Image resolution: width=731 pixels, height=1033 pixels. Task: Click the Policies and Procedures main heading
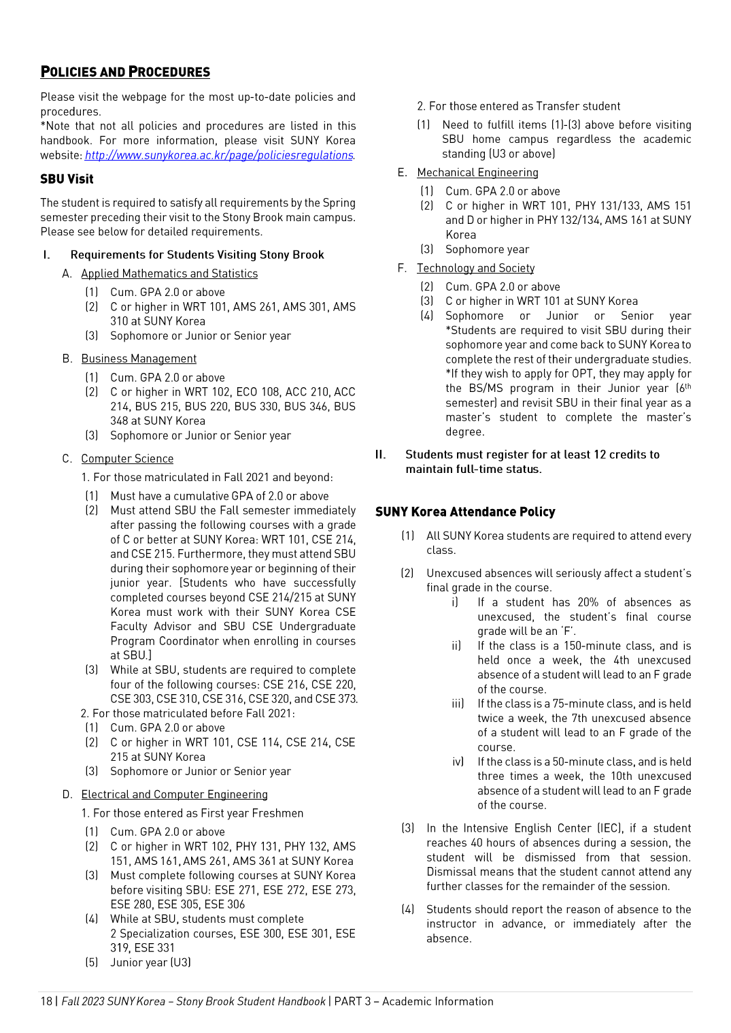point(125,72)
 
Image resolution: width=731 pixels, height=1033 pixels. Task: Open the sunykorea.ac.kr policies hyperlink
point(218,155)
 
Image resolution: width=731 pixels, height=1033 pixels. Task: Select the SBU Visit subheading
point(67,179)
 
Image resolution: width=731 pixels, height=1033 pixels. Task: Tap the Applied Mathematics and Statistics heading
point(169,274)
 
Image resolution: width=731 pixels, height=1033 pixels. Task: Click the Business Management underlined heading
point(139,359)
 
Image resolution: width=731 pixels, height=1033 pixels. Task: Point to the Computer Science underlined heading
point(127,459)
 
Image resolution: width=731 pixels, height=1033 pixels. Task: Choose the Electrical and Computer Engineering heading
point(174,794)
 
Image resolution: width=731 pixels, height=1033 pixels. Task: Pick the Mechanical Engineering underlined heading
point(477,173)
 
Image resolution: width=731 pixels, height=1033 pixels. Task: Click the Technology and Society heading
point(475,268)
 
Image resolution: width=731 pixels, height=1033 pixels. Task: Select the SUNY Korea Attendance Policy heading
point(465,512)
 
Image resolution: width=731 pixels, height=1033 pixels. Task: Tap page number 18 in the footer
point(46,1001)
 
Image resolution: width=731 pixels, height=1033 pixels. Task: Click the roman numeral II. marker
point(381,455)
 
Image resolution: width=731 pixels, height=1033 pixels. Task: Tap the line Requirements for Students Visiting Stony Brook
point(197,255)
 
